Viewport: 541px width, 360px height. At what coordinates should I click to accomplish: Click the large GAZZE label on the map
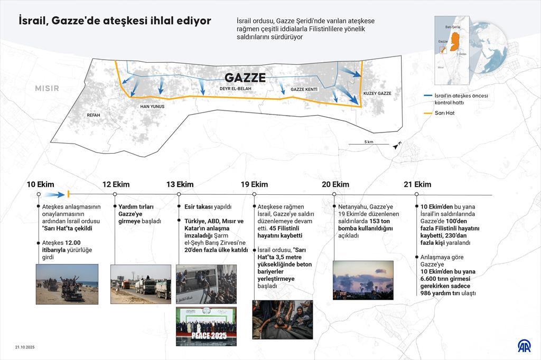click(245, 77)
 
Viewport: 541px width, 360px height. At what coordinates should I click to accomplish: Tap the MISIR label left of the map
click(47, 88)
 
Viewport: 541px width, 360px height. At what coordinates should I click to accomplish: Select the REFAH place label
click(93, 115)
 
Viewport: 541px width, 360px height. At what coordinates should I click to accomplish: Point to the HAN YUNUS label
click(152, 107)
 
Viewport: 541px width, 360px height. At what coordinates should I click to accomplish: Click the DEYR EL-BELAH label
click(236, 89)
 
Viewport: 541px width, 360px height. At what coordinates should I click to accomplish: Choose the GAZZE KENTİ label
click(304, 90)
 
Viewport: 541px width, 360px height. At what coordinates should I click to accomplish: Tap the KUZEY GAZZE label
click(377, 93)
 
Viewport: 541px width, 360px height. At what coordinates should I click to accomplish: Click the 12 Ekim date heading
click(116, 184)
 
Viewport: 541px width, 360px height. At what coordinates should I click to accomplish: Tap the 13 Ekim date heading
click(180, 184)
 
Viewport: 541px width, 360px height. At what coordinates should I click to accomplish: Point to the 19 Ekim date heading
click(254, 184)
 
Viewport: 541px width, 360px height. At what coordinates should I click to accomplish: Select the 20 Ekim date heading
click(335, 184)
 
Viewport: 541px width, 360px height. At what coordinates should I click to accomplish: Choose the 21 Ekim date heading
click(417, 184)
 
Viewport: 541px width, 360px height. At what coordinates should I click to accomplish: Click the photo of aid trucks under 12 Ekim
click(141, 284)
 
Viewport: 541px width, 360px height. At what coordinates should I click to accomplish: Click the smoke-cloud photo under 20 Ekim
click(363, 280)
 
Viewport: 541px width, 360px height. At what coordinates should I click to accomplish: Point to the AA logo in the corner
click(524, 346)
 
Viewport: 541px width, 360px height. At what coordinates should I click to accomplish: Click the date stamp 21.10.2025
click(24, 347)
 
